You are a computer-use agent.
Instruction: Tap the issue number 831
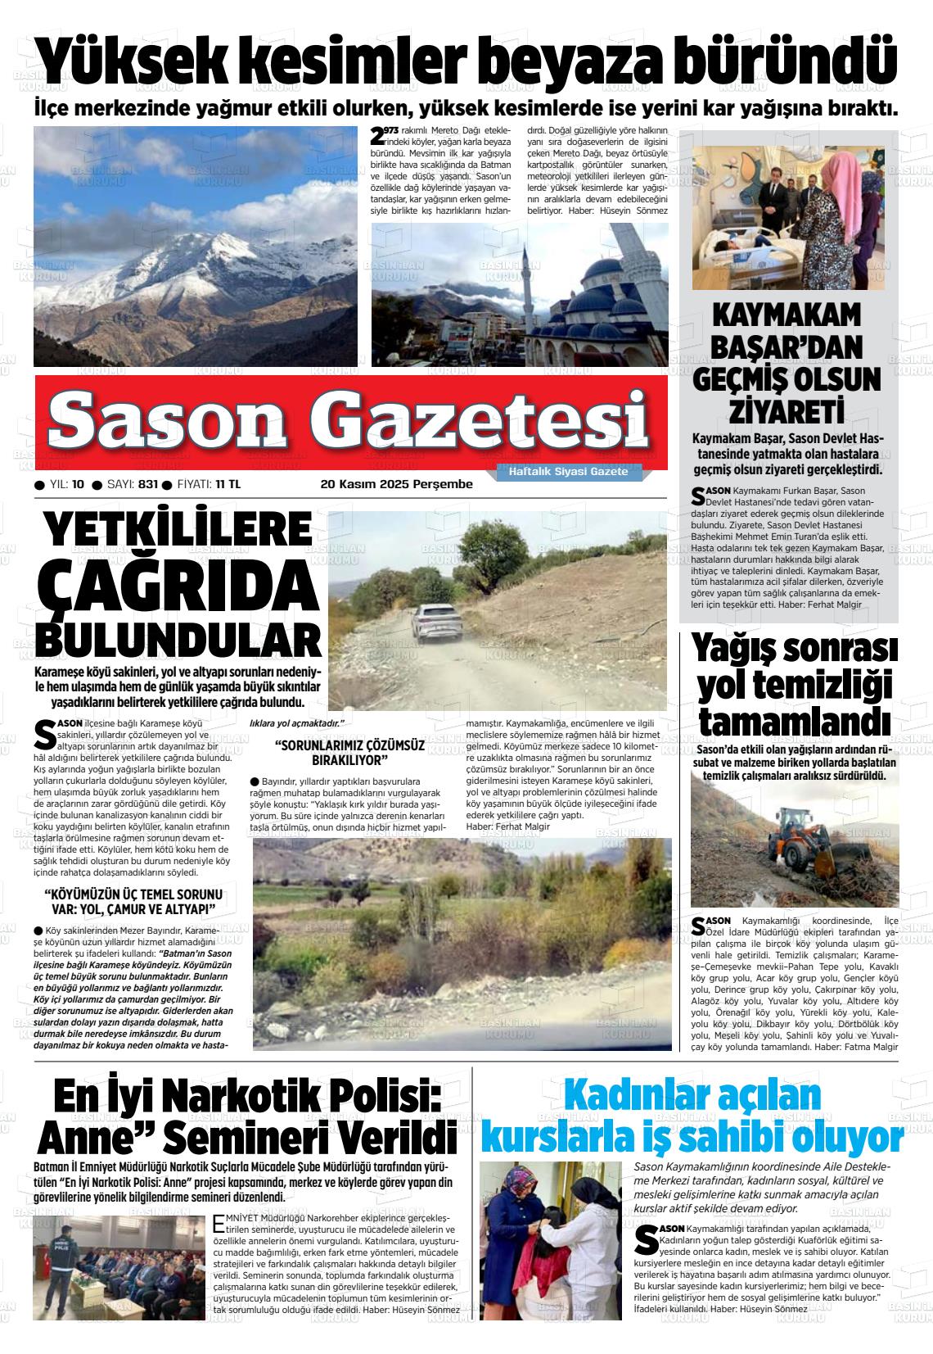(148, 484)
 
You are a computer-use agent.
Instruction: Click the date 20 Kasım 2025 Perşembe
(396, 484)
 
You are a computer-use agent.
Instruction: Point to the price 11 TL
(228, 484)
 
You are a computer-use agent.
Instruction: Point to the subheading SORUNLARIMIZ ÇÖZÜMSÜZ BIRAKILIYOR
(350, 752)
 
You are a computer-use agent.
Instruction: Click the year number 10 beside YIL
(78, 484)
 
